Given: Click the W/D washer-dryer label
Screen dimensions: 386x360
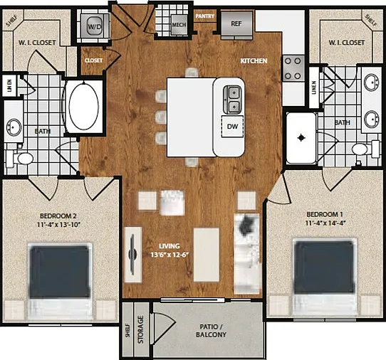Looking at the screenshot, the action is [x=95, y=26].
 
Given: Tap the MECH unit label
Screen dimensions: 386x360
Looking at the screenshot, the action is [x=179, y=25].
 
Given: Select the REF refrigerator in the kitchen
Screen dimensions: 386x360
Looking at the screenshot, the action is [x=236, y=25].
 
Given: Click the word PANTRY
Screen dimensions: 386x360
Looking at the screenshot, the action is [x=205, y=16].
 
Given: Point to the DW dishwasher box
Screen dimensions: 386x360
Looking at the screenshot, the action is [x=232, y=127].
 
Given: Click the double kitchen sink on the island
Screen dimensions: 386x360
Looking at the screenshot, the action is [x=232, y=100].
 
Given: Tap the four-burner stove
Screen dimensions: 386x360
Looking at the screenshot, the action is [x=293, y=68].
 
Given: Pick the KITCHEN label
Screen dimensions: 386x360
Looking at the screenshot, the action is [x=254, y=60].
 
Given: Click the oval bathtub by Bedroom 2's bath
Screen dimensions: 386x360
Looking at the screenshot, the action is [x=84, y=107].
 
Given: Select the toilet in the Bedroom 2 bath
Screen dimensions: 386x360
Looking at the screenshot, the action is [x=20, y=159].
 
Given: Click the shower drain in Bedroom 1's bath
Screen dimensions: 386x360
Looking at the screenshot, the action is [x=301, y=138].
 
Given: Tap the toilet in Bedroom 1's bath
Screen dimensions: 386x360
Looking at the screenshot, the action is [x=365, y=149].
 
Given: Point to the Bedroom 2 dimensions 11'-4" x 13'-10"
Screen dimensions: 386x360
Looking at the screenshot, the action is [x=58, y=224].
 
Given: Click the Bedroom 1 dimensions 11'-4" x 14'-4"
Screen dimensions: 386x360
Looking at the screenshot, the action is [x=325, y=223].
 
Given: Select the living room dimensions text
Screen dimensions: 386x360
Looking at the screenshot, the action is [x=169, y=255].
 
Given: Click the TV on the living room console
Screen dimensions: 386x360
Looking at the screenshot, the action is [x=132, y=254].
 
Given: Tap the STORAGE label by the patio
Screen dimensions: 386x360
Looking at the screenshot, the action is [x=140, y=329].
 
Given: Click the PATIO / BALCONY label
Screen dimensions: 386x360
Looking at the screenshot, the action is [x=211, y=331].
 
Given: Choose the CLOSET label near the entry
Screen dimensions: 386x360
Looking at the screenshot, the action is [x=93, y=60].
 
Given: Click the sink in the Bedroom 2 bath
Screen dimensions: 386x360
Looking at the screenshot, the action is [x=14, y=127].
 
